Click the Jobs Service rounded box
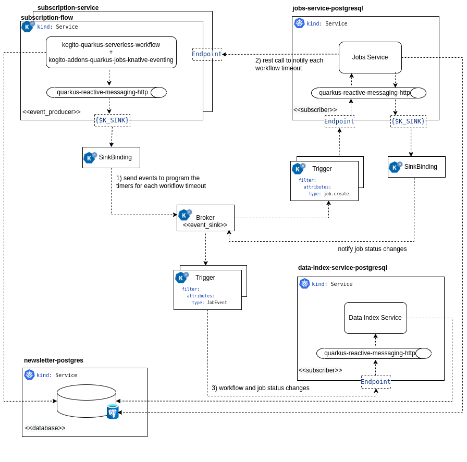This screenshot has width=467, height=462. [370, 57]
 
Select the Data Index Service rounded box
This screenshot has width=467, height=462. [375, 318]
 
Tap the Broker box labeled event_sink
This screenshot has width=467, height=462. [205, 218]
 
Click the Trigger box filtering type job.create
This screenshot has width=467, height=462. [324, 181]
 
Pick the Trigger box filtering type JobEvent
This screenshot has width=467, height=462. [207, 290]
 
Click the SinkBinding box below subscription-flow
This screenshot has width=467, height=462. [111, 157]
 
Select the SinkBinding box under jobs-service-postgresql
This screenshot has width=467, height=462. [416, 167]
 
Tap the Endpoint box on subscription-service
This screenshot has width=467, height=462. [207, 54]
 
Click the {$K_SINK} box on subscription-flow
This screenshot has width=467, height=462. [112, 120]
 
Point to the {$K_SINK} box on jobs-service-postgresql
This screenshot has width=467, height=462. [408, 121]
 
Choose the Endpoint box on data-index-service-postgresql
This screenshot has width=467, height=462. [376, 382]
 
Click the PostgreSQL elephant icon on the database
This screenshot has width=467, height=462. [113, 411]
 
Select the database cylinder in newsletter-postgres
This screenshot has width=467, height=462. [87, 401]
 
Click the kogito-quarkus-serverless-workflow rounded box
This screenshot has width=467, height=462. [111, 52]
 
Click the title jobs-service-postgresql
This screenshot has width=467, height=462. [327, 8]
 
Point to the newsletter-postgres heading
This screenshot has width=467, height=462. [54, 360]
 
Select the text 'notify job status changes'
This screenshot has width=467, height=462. [372, 249]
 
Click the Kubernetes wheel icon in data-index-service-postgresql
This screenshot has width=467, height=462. [304, 283]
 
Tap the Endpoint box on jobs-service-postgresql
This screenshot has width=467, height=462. [339, 121]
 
